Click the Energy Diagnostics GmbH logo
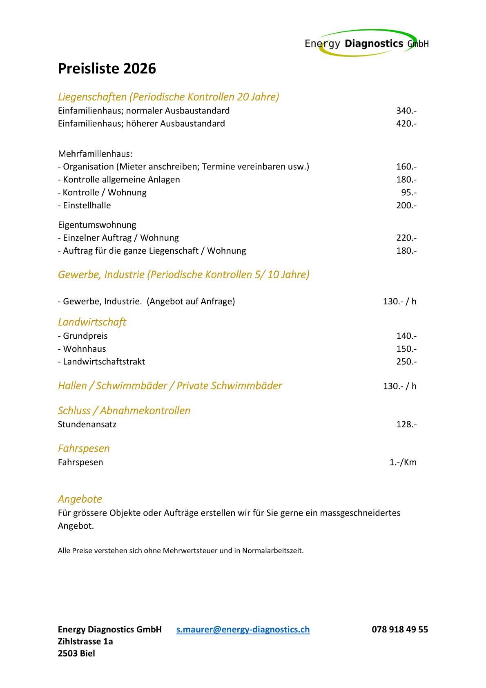pos(366,43)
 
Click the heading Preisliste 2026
pos(107,69)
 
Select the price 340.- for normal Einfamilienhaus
pos(406,111)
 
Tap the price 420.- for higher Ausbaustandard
pos(406,123)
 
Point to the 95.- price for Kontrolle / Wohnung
pos(408,192)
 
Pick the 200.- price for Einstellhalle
pos(406,206)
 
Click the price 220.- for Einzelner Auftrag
pos(406,238)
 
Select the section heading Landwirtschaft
pos(92,322)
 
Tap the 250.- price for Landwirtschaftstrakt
pos(406,362)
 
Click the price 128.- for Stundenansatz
pos(406,424)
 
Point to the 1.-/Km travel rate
pos(403,462)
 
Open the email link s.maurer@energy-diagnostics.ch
pos(243,630)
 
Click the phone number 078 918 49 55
pos(399,630)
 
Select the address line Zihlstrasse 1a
pos(85,641)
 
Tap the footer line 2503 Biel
pos(76,654)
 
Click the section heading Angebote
pos(80,499)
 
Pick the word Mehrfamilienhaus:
pos(95,154)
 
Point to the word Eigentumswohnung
pos(97,225)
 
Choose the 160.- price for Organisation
pos(406,167)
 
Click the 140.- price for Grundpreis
pos(406,336)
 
